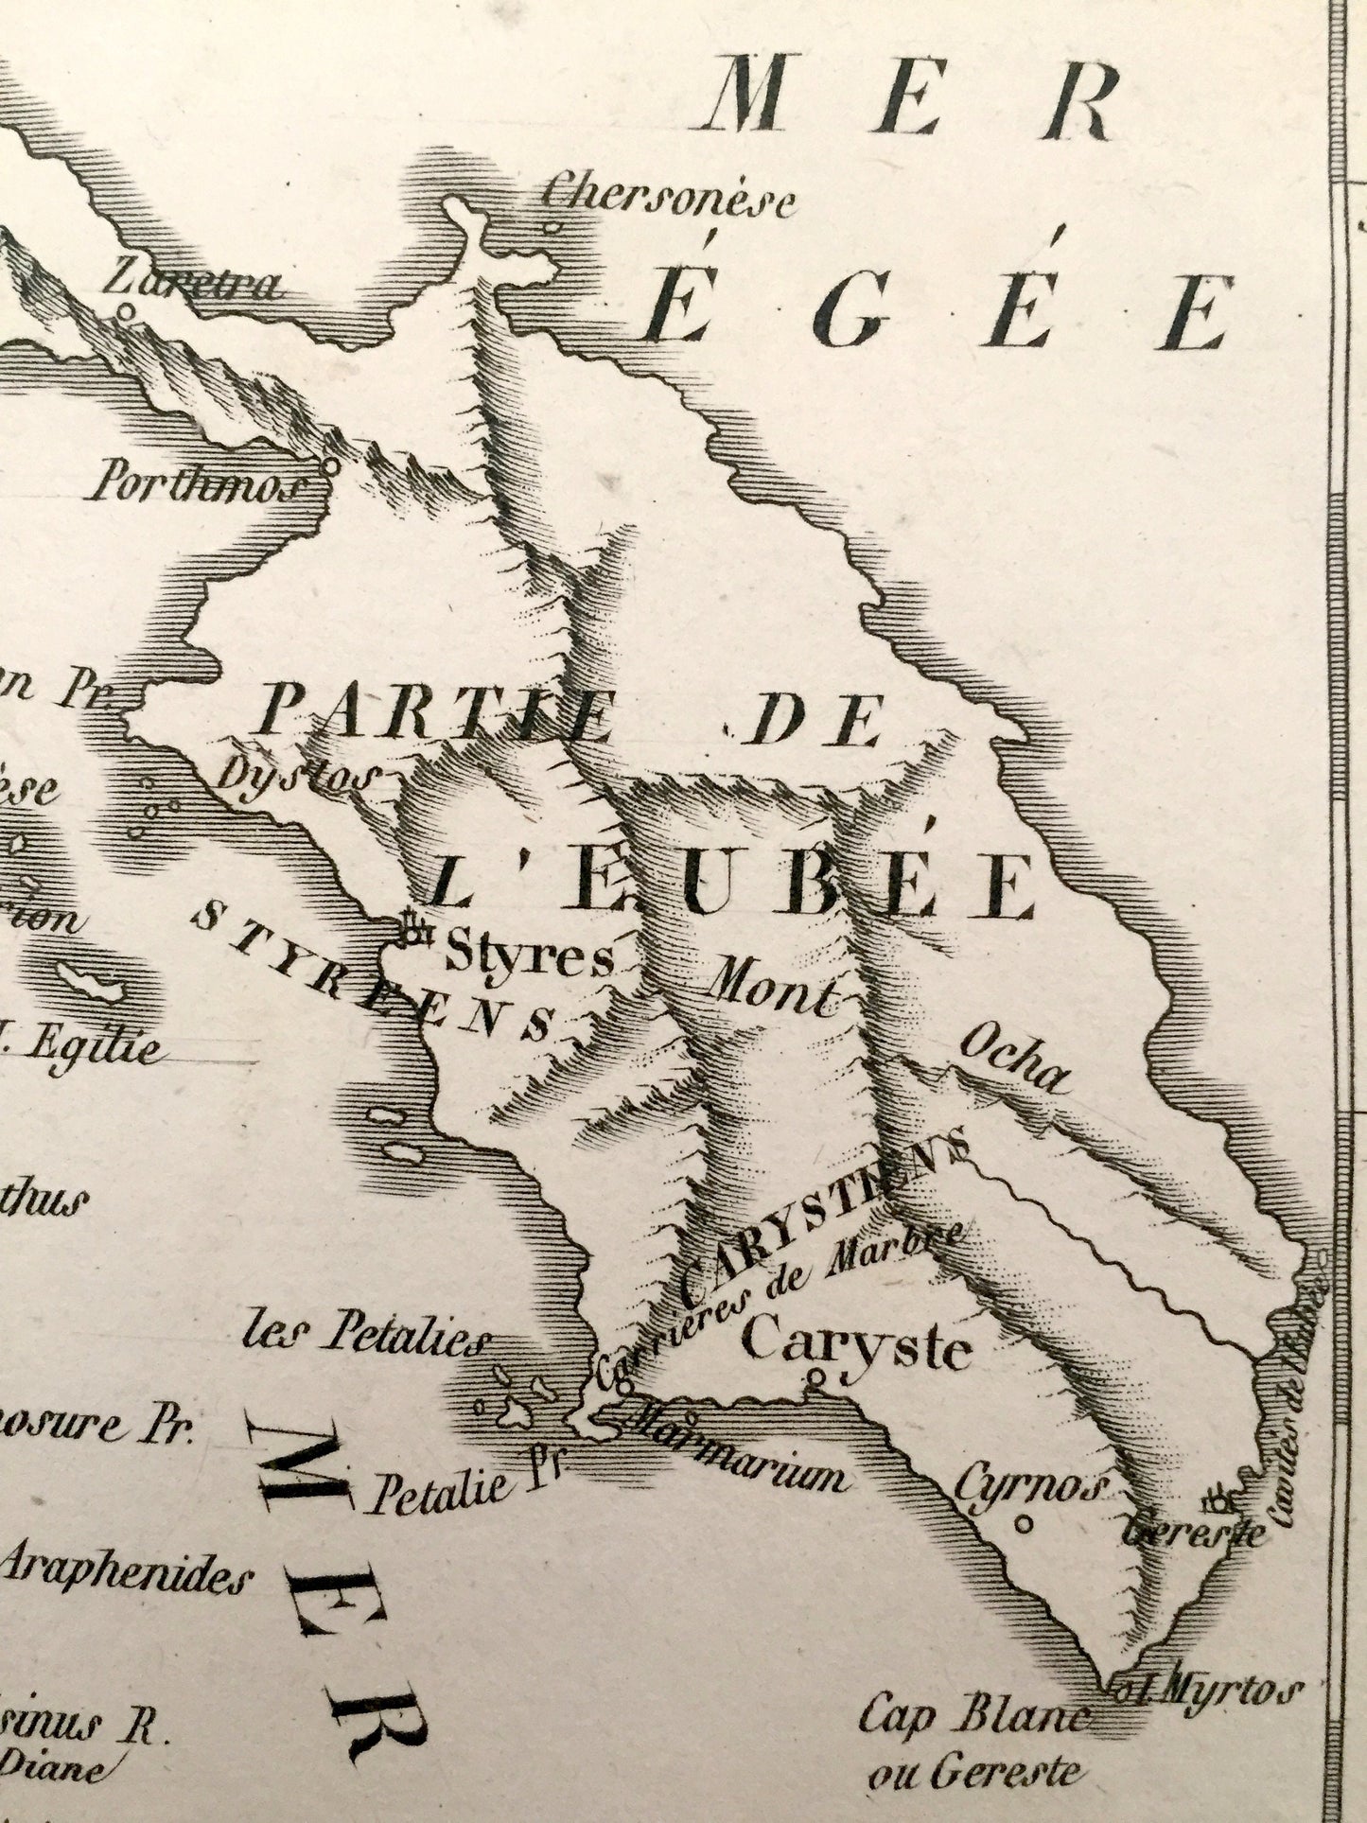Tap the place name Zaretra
[193, 281]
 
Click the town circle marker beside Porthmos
[330, 465]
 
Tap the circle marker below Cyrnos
[1023, 1524]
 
